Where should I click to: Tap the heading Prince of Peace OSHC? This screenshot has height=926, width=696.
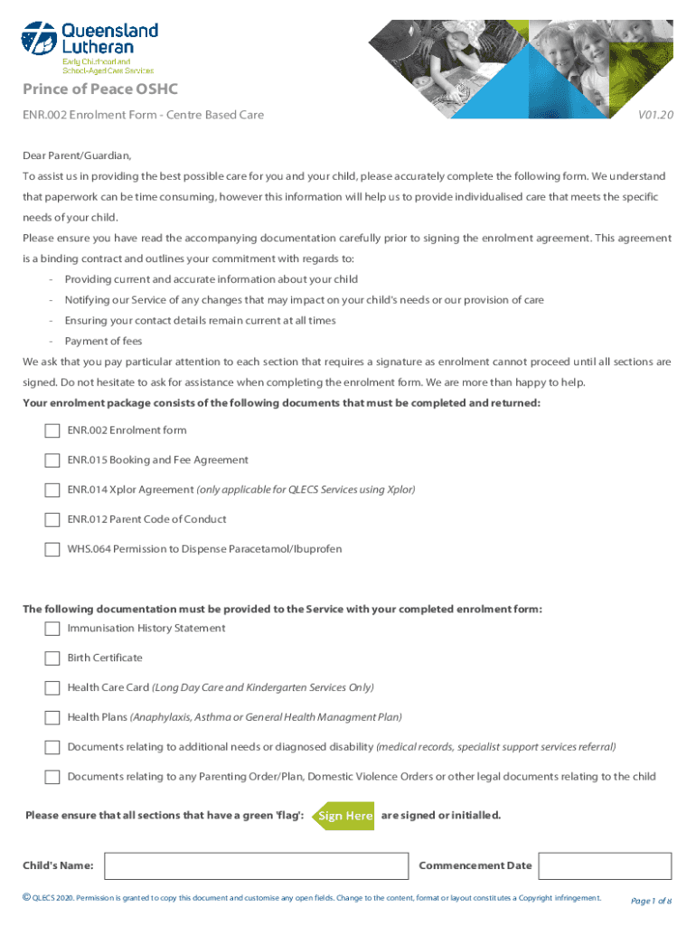tap(100, 89)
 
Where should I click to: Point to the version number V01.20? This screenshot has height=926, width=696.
tap(655, 116)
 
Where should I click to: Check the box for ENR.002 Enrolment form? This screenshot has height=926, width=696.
tap(52, 431)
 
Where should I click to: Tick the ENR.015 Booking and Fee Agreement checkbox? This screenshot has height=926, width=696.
tap(52, 461)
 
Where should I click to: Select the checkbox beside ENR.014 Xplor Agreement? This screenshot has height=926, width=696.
tap(52, 490)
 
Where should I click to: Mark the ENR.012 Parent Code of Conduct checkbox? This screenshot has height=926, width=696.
tap(52, 520)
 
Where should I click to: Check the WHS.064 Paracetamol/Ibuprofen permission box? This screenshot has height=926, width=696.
tap(52, 550)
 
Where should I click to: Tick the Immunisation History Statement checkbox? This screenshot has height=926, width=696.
tap(52, 629)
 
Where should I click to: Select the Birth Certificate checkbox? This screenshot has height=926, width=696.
tap(52, 658)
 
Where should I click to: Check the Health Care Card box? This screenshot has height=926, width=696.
tap(52, 688)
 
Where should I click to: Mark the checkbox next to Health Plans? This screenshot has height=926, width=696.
tap(52, 718)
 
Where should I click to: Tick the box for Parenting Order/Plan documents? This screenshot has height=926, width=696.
tap(52, 777)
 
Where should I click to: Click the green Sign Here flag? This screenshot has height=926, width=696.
tap(343, 816)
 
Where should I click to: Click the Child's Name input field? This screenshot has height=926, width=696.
tap(257, 866)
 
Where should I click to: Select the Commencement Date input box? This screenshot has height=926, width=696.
tap(604, 866)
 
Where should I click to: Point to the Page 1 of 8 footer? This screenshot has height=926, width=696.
tap(651, 901)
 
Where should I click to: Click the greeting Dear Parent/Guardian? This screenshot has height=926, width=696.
tap(77, 156)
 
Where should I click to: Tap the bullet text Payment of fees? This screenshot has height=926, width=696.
tap(103, 341)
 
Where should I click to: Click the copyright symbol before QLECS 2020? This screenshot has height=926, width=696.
tap(26, 897)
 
